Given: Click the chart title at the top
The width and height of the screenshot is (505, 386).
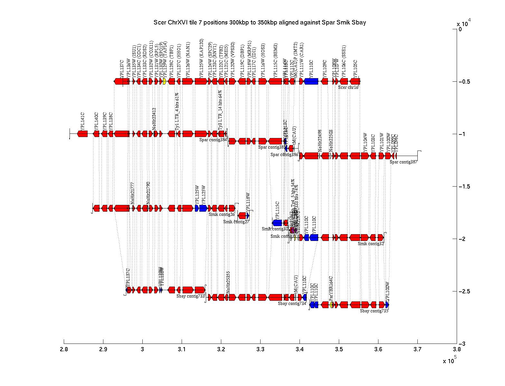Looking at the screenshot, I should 260,23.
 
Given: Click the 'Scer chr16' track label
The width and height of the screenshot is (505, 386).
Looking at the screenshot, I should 348,87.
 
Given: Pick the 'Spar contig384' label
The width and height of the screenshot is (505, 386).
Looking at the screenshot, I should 213,140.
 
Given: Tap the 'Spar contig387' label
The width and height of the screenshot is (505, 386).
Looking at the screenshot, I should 403,162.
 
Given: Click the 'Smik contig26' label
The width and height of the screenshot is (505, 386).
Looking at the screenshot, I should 222,214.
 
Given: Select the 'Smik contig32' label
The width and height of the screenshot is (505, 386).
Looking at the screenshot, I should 371,244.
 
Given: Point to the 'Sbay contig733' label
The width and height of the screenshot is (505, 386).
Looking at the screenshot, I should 190,296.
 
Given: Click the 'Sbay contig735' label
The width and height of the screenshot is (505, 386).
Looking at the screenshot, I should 374,311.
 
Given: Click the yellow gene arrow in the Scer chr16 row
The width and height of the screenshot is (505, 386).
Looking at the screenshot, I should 164,81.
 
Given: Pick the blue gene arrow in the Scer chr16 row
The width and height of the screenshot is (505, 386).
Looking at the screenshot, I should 311,81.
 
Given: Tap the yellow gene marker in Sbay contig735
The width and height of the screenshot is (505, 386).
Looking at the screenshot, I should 331,305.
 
